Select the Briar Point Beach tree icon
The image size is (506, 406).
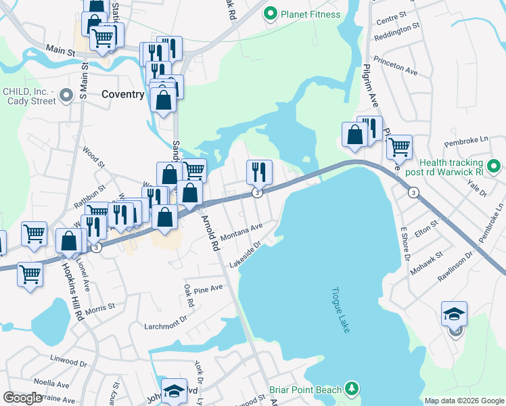click(x=351, y=388)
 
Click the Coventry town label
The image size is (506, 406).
click(x=122, y=95)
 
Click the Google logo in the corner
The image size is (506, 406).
click(x=23, y=398)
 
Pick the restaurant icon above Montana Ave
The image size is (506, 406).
click(x=258, y=173)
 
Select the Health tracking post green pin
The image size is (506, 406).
click(x=493, y=164)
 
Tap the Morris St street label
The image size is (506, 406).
click(x=101, y=308)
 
